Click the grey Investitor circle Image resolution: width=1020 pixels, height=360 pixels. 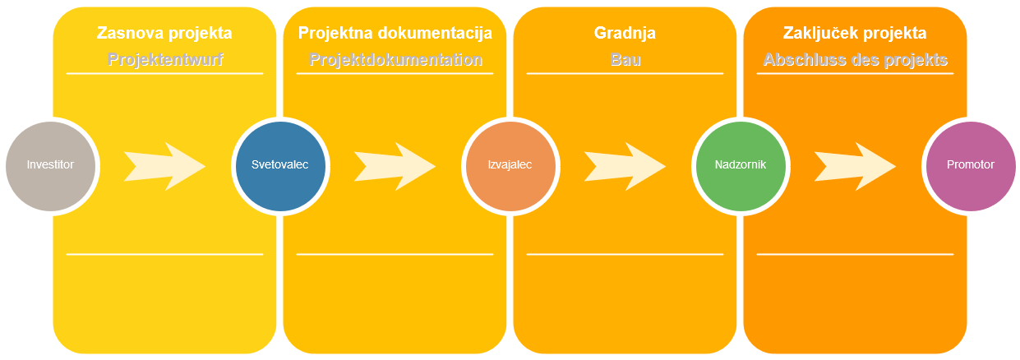(50, 166)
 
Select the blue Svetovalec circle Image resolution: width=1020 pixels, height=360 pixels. (280, 166)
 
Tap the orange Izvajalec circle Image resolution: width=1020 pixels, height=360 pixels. (511, 166)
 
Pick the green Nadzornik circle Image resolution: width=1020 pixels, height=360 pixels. (741, 166)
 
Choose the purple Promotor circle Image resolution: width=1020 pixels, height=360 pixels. (971, 166)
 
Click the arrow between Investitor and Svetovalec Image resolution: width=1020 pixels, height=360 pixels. (165, 166)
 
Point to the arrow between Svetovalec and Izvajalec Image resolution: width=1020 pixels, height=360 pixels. (395, 166)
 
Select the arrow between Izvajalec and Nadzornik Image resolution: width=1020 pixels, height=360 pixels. (625, 166)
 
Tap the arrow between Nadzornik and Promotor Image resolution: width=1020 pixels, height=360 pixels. (855, 166)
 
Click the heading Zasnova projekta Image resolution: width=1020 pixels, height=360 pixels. (164, 33)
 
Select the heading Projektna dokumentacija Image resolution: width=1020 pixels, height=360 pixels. (395, 33)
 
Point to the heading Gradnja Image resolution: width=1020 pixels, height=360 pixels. (625, 33)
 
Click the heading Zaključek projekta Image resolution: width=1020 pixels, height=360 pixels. (855, 33)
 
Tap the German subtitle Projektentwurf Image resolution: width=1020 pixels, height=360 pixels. (165, 60)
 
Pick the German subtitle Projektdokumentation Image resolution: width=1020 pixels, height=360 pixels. (395, 60)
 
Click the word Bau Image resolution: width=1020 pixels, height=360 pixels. (625, 60)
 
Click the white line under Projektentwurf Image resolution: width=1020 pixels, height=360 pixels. (165, 73)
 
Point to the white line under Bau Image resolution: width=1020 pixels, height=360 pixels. (625, 73)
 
